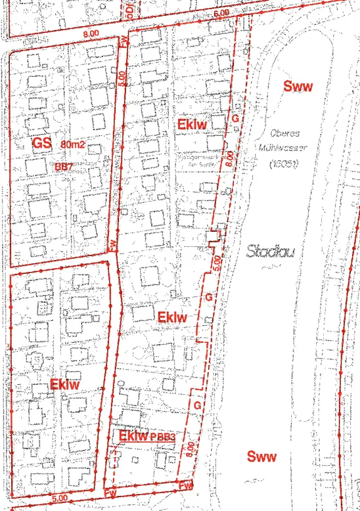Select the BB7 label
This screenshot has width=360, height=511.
click(64, 167)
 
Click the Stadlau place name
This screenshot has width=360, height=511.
click(269, 250)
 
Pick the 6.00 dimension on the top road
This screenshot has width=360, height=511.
click(221, 12)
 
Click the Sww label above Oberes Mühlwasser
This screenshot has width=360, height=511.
click(297, 86)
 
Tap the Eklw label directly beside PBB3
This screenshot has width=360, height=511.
click(134, 435)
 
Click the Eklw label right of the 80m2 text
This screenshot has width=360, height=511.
click(192, 123)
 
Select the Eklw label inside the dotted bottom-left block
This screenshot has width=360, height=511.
click(64, 384)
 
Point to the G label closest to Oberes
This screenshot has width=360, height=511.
click(235, 118)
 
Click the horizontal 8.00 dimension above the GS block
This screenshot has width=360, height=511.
click(91, 32)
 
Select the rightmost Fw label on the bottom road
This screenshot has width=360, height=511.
click(187, 487)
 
